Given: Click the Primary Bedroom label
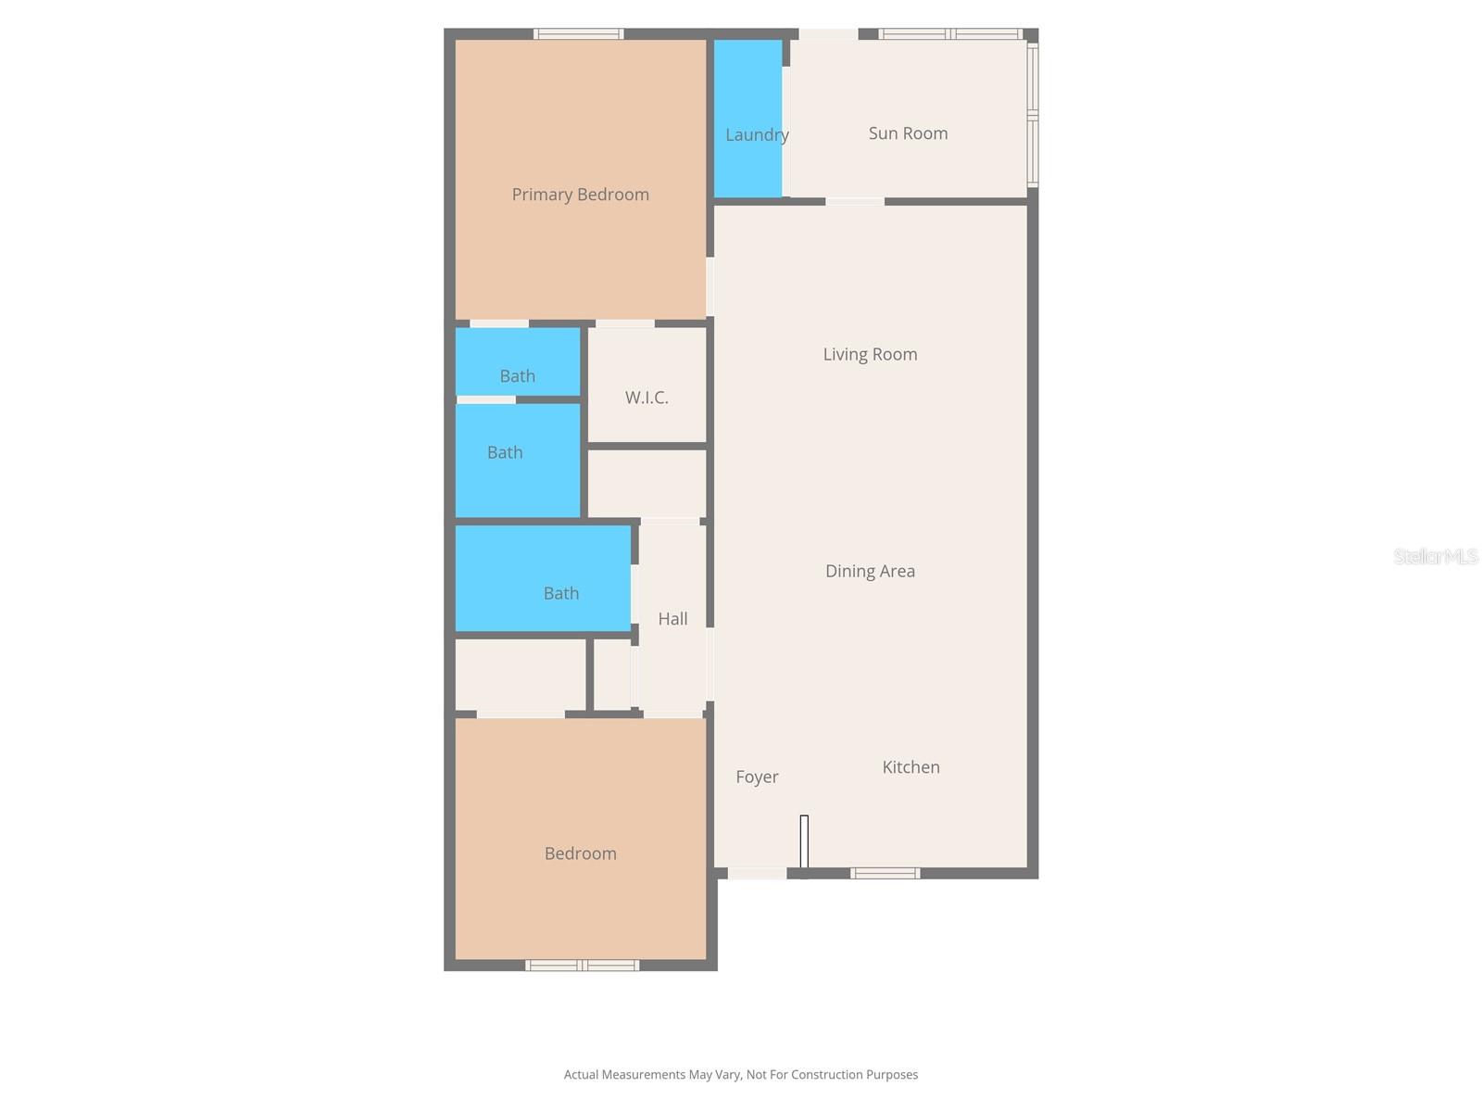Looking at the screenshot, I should pyautogui.click(x=580, y=195).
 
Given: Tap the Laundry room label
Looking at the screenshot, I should pyautogui.click(x=757, y=135).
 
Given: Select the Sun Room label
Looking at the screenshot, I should pyautogui.click(x=908, y=133).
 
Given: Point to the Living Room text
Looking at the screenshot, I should pyautogui.click(x=870, y=354).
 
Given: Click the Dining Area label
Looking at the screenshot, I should pyautogui.click(x=870, y=571).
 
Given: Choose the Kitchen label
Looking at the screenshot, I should pyautogui.click(x=911, y=767).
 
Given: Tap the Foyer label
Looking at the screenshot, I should pyautogui.click(x=757, y=777).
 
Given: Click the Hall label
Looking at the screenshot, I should pyautogui.click(x=672, y=619).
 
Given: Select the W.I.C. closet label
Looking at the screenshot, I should pyautogui.click(x=647, y=398).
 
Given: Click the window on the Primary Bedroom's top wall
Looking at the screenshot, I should pyautogui.click(x=578, y=34).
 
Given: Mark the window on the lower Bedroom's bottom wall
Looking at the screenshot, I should pyautogui.click(x=582, y=966).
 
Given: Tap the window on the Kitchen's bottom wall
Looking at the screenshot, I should pyautogui.click(x=885, y=873).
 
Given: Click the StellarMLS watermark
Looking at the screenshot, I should pyautogui.click(x=1435, y=556).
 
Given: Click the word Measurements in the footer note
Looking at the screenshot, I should pyautogui.click(x=642, y=1075).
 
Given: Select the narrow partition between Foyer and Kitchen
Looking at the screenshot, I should pyautogui.click(x=804, y=842).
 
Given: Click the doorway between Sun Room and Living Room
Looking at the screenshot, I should pyautogui.click(x=854, y=201).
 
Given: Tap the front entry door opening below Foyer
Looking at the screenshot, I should pyautogui.click(x=757, y=873).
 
